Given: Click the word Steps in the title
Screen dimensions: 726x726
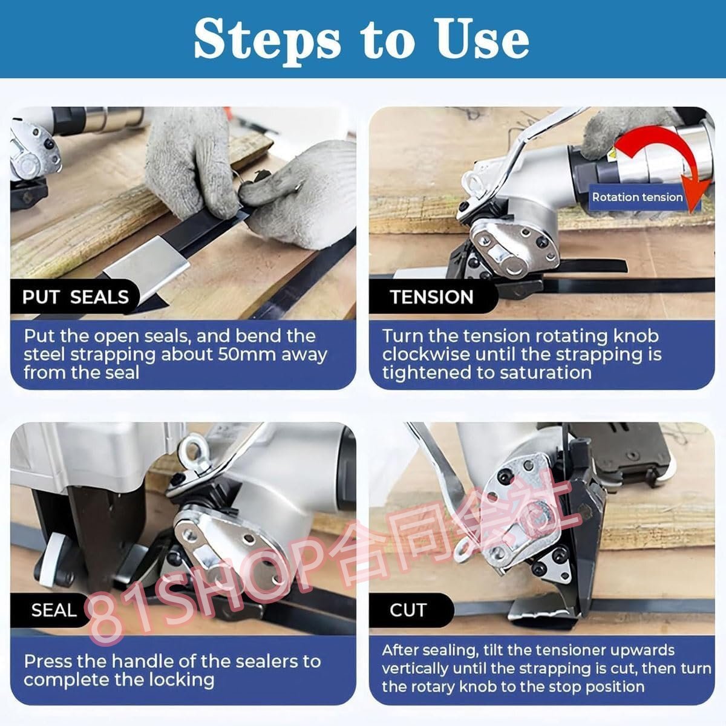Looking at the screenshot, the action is [x=267, y=40].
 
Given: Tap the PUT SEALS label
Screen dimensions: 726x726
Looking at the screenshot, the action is [x=76, y=297].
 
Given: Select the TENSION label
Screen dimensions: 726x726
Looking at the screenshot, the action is [x=431, y=297].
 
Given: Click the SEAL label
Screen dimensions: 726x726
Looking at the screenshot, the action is [x=54, y=610].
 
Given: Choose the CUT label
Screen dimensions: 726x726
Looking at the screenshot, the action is [x=408, y=610].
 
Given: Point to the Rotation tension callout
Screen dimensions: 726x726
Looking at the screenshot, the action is [x=638, y=197].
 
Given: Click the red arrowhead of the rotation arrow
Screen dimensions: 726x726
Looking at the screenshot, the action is [x=697, y=200].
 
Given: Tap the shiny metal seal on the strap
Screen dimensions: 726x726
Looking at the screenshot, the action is [x=147, y=262].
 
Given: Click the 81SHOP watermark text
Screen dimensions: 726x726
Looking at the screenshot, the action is [x=332, y=558].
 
